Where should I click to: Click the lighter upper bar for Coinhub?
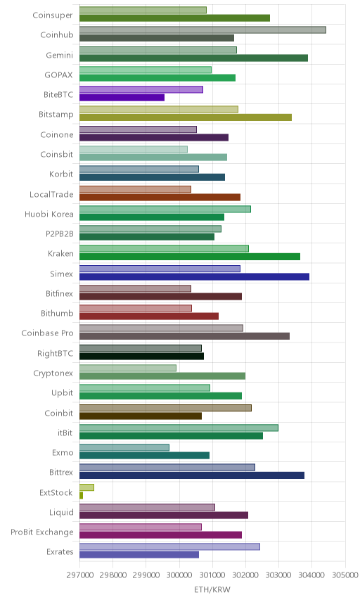202,30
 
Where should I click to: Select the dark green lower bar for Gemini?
193,58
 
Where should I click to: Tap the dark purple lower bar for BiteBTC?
122,98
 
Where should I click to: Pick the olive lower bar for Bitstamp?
186,117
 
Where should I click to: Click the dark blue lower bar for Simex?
194,276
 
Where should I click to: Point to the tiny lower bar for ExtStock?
81,495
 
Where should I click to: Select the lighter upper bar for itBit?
179,428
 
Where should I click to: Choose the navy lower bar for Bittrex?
192,475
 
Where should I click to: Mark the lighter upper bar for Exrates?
169,546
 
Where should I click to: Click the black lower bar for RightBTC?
141,357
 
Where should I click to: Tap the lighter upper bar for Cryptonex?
128,368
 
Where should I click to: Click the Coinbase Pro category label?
47,333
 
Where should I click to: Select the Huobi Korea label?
49,214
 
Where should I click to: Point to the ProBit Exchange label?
41,532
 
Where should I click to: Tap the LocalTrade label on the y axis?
51,194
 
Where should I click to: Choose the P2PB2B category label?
60,233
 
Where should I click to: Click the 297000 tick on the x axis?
80,575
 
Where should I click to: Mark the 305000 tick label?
345,575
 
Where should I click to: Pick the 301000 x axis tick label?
212,575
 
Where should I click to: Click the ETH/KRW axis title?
212,590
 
